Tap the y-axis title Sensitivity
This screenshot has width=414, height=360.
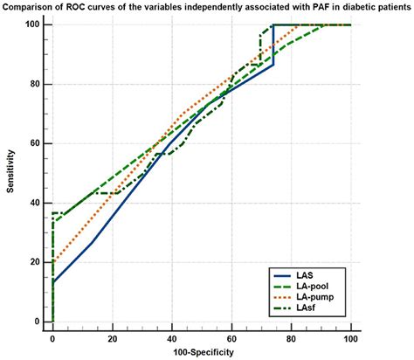11,173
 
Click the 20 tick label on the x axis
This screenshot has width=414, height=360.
112,336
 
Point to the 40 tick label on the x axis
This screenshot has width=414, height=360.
171,336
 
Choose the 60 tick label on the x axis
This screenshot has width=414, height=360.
231,336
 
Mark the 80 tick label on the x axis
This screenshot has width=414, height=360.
291,336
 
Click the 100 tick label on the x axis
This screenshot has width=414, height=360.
350,336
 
